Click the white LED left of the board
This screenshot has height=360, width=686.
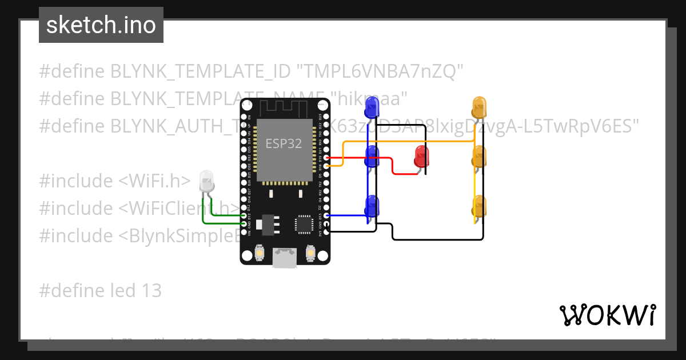[206, 182]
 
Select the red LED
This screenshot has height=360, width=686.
[422, 156]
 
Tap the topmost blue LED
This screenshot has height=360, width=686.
[372, 107]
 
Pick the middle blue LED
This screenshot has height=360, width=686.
[372, 156]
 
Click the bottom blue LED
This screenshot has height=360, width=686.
[372, 205]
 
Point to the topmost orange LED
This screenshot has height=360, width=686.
[479, 107]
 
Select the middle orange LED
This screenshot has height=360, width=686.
[479, 156]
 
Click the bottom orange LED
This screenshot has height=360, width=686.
[479, 205]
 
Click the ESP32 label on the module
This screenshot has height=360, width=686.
[284, 143]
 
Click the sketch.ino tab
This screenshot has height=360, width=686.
[101, 25]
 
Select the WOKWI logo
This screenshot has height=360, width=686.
[607, 315]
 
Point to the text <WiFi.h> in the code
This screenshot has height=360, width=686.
[154, 181]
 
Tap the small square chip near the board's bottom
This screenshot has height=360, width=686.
[302, 223]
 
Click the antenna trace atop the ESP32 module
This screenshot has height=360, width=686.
[285, 107]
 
